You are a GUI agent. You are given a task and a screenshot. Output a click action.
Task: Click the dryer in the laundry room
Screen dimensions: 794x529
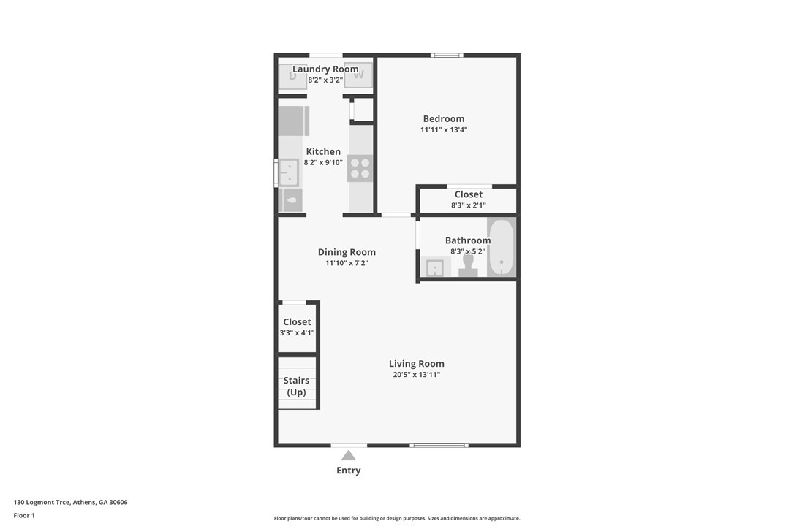(292, 77)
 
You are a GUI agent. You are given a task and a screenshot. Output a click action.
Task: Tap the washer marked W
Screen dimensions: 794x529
(358, 75)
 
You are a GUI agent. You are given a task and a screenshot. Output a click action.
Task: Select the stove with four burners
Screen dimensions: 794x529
(360, 168)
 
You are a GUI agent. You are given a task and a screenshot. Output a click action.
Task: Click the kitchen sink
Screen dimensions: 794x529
(289, 172)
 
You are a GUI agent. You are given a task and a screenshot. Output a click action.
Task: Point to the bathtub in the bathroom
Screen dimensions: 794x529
(502, 248)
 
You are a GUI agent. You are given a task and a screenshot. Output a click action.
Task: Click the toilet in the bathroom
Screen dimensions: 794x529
(468, 265)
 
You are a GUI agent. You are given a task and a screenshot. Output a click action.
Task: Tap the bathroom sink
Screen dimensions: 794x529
(434, 267)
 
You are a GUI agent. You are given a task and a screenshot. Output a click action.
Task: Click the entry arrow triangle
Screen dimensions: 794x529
(349, 455)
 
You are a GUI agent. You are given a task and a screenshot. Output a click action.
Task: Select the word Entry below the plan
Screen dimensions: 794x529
(349, 471)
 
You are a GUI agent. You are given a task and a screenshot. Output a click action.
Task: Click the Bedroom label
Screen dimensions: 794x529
(444, 119)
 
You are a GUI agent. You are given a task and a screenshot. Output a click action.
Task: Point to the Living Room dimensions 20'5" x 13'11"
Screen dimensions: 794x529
(416, 375)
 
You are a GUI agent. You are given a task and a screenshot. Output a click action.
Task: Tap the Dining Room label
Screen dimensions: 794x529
(347, 252)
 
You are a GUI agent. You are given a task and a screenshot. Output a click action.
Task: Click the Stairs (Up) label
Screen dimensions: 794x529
(296, 387)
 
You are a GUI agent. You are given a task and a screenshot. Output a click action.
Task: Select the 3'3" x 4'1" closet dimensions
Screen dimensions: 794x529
(298, 333)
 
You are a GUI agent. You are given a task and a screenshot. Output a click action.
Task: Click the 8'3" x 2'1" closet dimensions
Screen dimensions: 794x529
(469, 205)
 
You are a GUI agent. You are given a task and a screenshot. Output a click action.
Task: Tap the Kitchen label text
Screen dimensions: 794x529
(323, 151)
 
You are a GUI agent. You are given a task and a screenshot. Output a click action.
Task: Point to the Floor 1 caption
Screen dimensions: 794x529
(24, 516)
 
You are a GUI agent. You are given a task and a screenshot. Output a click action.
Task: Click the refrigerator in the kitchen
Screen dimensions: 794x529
(294, 121)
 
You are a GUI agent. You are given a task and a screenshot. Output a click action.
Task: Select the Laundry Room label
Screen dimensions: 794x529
(325, 69)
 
